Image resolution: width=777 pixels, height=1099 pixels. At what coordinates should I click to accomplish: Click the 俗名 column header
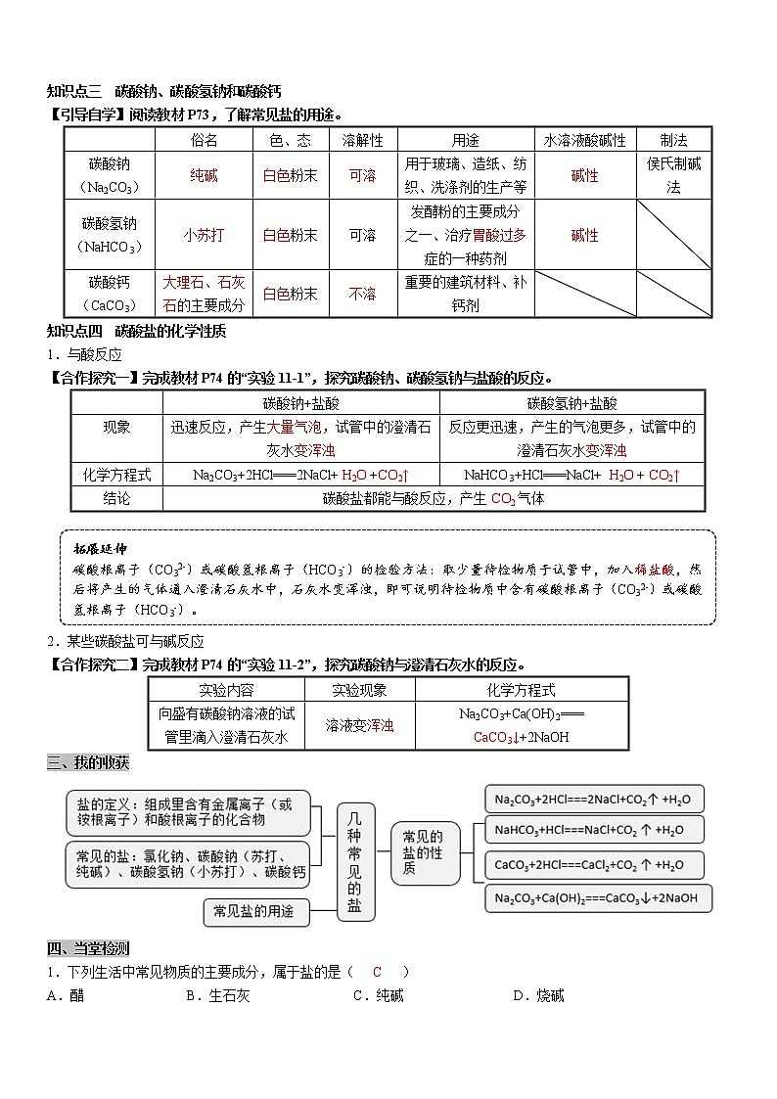205,140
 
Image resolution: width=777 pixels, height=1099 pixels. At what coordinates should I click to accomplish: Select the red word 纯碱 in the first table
205,175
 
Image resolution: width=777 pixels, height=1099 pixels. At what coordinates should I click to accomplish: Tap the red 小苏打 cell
205,235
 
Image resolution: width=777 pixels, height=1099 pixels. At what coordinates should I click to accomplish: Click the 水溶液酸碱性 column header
584,140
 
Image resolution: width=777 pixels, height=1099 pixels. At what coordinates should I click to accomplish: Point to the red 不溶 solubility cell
362,294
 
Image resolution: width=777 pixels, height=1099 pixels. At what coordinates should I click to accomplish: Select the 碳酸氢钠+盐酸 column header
571,402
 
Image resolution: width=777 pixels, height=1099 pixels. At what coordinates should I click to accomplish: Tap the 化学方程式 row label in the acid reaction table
116,475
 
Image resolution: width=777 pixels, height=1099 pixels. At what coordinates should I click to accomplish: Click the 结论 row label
116,498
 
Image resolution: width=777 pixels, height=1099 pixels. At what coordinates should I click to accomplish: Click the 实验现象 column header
359,689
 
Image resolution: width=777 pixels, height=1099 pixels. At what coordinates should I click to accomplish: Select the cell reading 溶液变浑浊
359,725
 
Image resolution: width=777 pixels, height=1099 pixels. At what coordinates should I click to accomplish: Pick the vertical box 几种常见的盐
354,860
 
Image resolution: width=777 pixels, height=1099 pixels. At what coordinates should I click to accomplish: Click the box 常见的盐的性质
423,851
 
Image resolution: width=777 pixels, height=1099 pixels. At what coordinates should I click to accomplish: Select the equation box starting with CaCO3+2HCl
595,865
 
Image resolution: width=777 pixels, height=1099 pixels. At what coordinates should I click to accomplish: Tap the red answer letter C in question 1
377,972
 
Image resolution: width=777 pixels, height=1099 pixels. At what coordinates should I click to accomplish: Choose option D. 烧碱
538,995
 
